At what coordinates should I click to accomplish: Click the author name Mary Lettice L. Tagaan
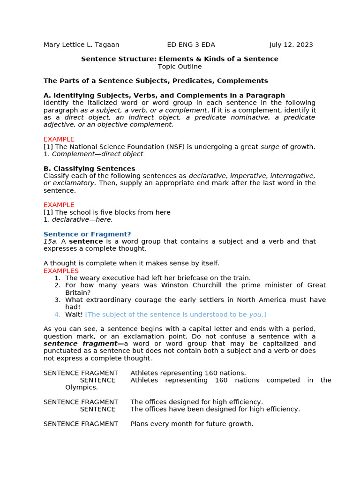(x=81, y=45)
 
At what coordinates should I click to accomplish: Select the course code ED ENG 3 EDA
(x=191, y=45)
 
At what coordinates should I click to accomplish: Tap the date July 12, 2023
(x=291, y=45)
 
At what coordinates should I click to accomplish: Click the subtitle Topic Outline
(x=180, y=67)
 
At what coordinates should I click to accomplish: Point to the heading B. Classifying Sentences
(x=89, y=169)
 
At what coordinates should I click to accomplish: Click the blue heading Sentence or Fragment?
(x=87, y=234)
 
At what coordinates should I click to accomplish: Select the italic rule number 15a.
(x=51, y=241)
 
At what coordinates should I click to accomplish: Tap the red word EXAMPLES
(x=61, y=271)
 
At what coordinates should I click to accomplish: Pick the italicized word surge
(x=270, y=147)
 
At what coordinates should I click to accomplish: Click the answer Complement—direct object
(x=97, y=154)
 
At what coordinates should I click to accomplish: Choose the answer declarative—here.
(x=82, y=219)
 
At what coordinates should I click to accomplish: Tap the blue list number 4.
(x=57, y=315)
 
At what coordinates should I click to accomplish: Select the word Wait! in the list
(x=74, y=315)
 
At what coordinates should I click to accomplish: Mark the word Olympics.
(x=81, y=387)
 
